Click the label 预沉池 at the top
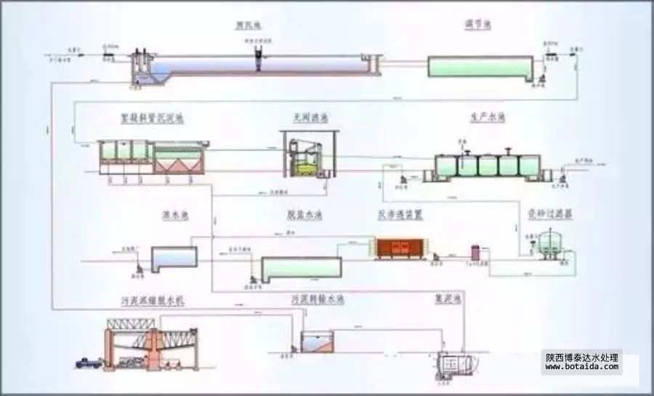pos(248,25)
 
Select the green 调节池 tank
pos(480,66)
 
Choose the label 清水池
pos(174,215)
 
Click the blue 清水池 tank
pos(174,256)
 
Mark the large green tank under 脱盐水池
pos(301,268)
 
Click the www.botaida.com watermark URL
pos(582,367)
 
